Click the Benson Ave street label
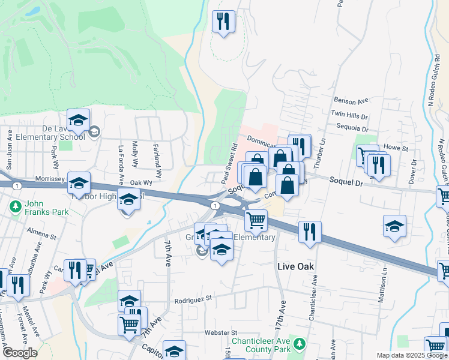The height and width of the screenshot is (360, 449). point(351,101)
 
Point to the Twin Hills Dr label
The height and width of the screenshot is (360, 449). point(349,114)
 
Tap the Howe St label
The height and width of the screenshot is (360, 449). point(396,148)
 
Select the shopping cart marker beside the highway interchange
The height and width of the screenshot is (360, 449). point(256,220)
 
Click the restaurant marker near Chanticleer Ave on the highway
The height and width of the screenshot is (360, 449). point(310,232)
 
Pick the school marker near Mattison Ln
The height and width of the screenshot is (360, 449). point(394,227)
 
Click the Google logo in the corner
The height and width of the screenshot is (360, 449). point(19,353)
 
